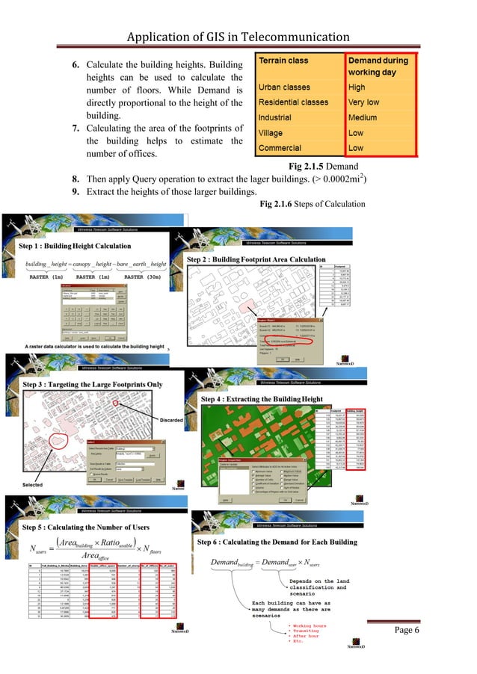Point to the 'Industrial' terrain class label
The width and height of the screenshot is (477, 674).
pos(280,117)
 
